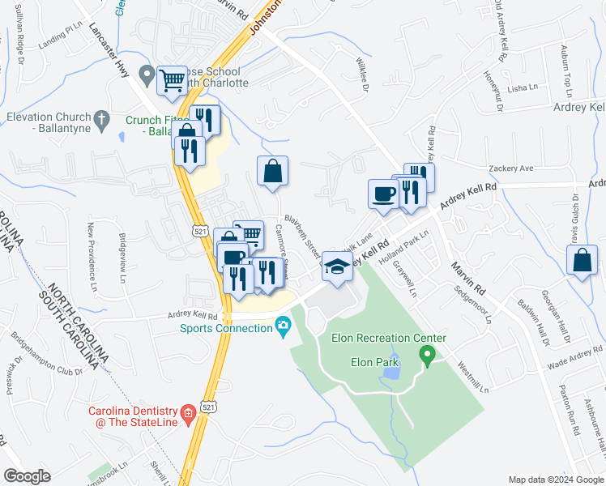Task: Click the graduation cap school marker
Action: click(x=337, y=265)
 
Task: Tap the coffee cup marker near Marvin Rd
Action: click(x=382, y=194)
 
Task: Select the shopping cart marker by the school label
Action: click(x=172, y=80)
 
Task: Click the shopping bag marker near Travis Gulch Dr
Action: click(x=583, y=261)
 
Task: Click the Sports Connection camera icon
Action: click(x=283, y=328)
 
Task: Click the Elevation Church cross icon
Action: click(x=101, y=121)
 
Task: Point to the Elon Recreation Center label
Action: click(x=389, y=338)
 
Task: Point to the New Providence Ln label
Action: click(x=92, y=257)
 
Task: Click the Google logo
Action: click(x=27, y=475)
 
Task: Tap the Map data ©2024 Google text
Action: click(x=556, y=480)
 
